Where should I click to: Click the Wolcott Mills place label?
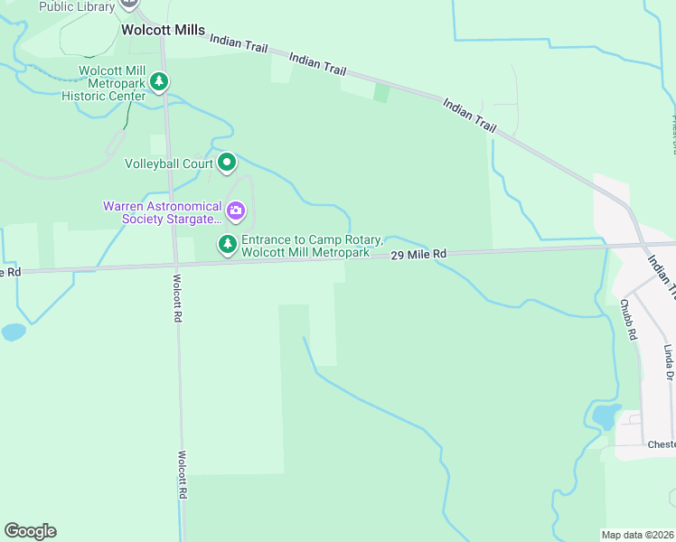163,30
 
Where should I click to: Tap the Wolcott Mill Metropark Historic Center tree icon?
159,82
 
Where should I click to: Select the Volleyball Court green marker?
227,164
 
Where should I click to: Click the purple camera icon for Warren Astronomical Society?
236,212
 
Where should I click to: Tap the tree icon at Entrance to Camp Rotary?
227,244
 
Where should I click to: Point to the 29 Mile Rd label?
418,255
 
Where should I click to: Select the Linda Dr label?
669,362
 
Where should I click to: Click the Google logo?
30,531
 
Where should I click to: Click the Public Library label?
77,6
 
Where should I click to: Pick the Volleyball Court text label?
168,164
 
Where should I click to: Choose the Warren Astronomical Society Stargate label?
162,212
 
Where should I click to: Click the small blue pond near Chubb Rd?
604,416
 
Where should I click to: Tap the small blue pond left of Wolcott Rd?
14,332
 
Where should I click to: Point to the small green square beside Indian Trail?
381,92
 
